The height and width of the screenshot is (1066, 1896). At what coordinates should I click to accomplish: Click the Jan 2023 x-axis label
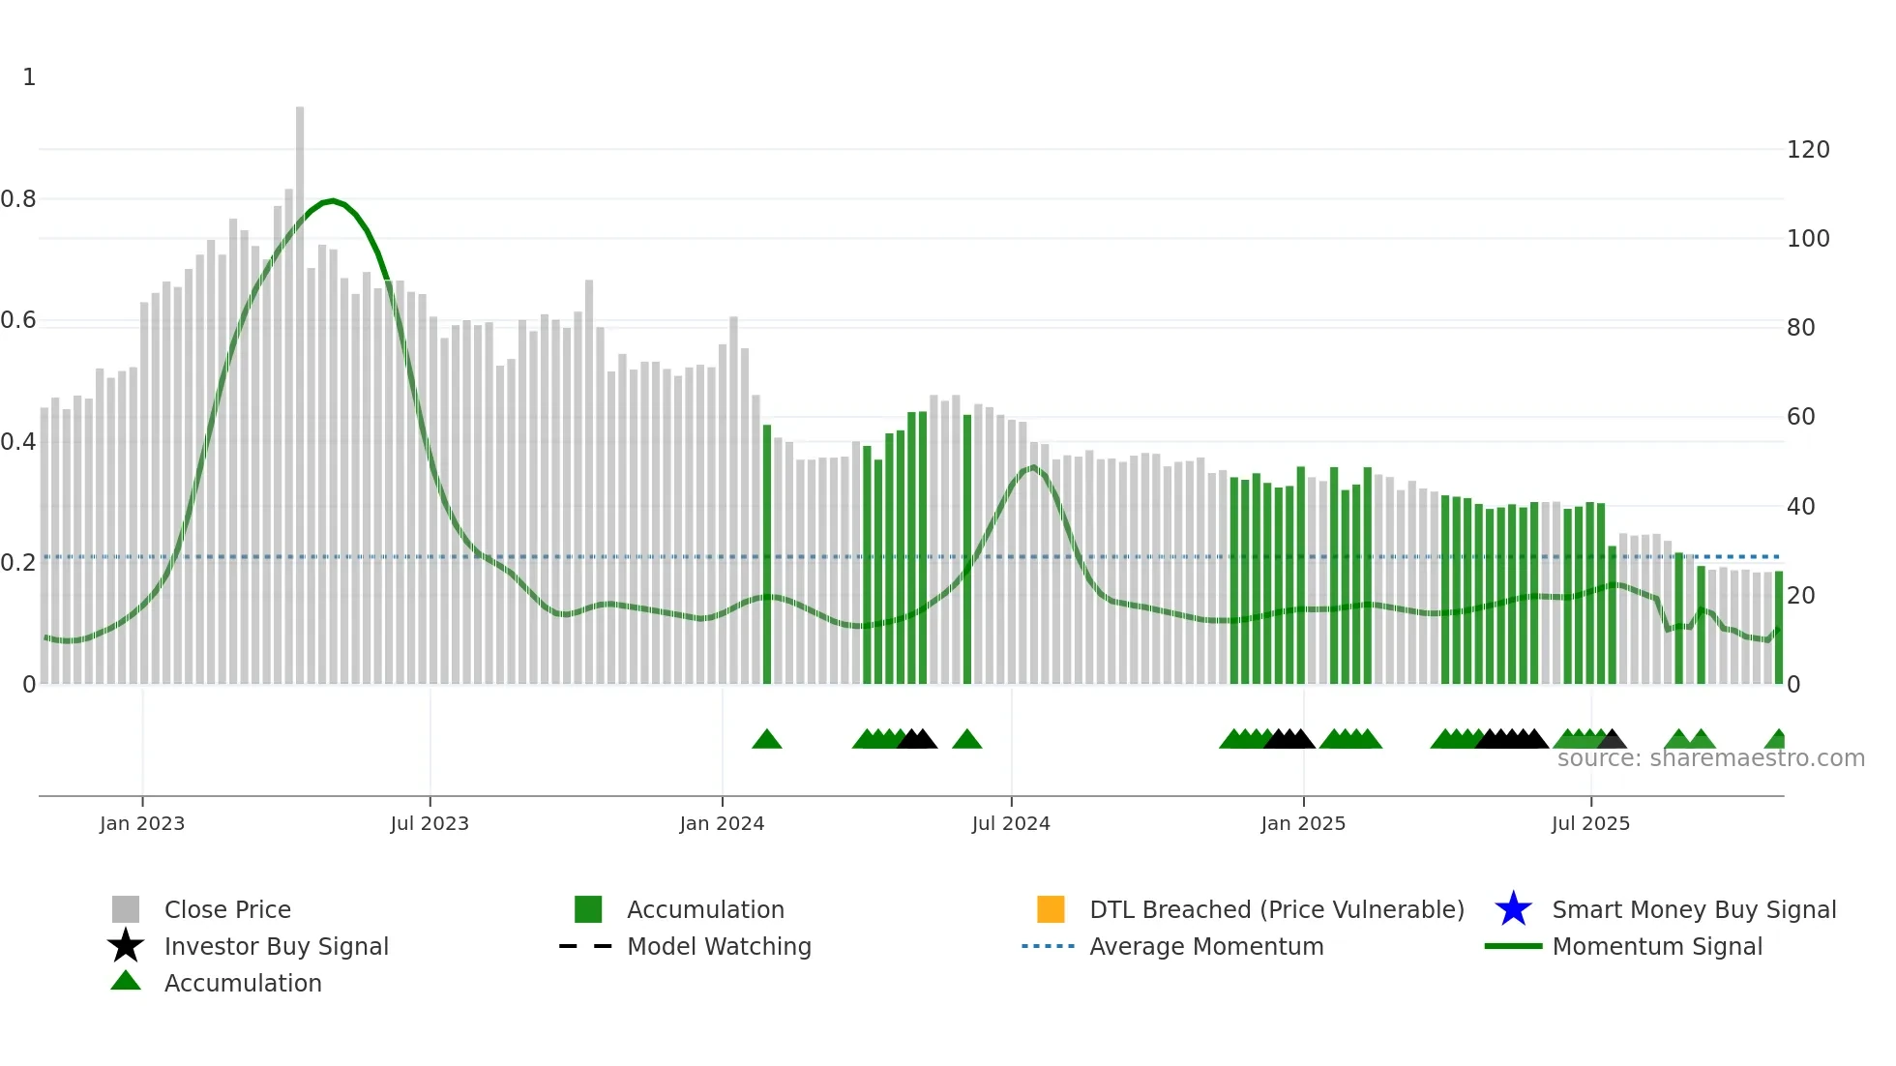point(141,823)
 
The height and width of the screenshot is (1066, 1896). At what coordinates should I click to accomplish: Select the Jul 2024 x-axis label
point(1010,823)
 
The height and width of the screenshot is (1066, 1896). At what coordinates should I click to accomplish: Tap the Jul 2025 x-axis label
point(1590,823)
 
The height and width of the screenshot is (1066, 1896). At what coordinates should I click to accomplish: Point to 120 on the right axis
point(1807,150)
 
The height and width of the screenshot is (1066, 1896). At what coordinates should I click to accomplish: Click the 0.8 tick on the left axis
point(18,199)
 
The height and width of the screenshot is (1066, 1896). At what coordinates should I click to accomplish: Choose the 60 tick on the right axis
point(1800,417)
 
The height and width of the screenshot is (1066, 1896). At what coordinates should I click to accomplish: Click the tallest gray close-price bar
point(300,387)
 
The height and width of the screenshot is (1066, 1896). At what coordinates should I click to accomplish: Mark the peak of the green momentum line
point(332,200)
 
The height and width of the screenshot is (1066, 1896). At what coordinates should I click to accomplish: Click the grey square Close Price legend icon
point(126,909)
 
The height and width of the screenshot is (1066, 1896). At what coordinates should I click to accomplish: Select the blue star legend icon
point(1513,909)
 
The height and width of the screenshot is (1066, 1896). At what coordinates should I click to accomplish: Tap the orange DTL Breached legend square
point(1051,909)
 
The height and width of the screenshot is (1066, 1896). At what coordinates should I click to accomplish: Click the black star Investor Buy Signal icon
point(126,946)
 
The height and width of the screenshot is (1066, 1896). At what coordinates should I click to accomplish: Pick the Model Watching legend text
point(719,946)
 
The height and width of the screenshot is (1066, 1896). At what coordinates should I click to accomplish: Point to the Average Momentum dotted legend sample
point(1048,946)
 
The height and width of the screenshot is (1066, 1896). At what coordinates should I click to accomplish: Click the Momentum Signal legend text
point(1656,946)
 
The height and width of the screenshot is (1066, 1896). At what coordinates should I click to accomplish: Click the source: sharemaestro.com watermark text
point(1710,758)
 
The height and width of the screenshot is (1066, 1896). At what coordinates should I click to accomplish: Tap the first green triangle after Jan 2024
point(767,740)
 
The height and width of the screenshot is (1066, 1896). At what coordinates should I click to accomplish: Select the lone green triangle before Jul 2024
point(967,740)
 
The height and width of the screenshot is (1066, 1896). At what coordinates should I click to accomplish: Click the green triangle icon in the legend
point(126,981)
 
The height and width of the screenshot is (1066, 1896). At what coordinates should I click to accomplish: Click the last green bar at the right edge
point(1779,629)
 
